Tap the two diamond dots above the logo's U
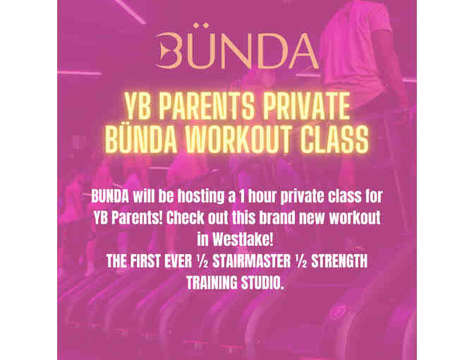pos(201,25)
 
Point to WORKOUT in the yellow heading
pos(239,139)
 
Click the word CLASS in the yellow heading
pos(334,139)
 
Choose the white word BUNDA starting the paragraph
pos(110,196)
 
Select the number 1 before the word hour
pos(241,196)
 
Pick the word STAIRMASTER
pos(251,261)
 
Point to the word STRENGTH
pos(339,261)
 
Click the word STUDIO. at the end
pos(262,283)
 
